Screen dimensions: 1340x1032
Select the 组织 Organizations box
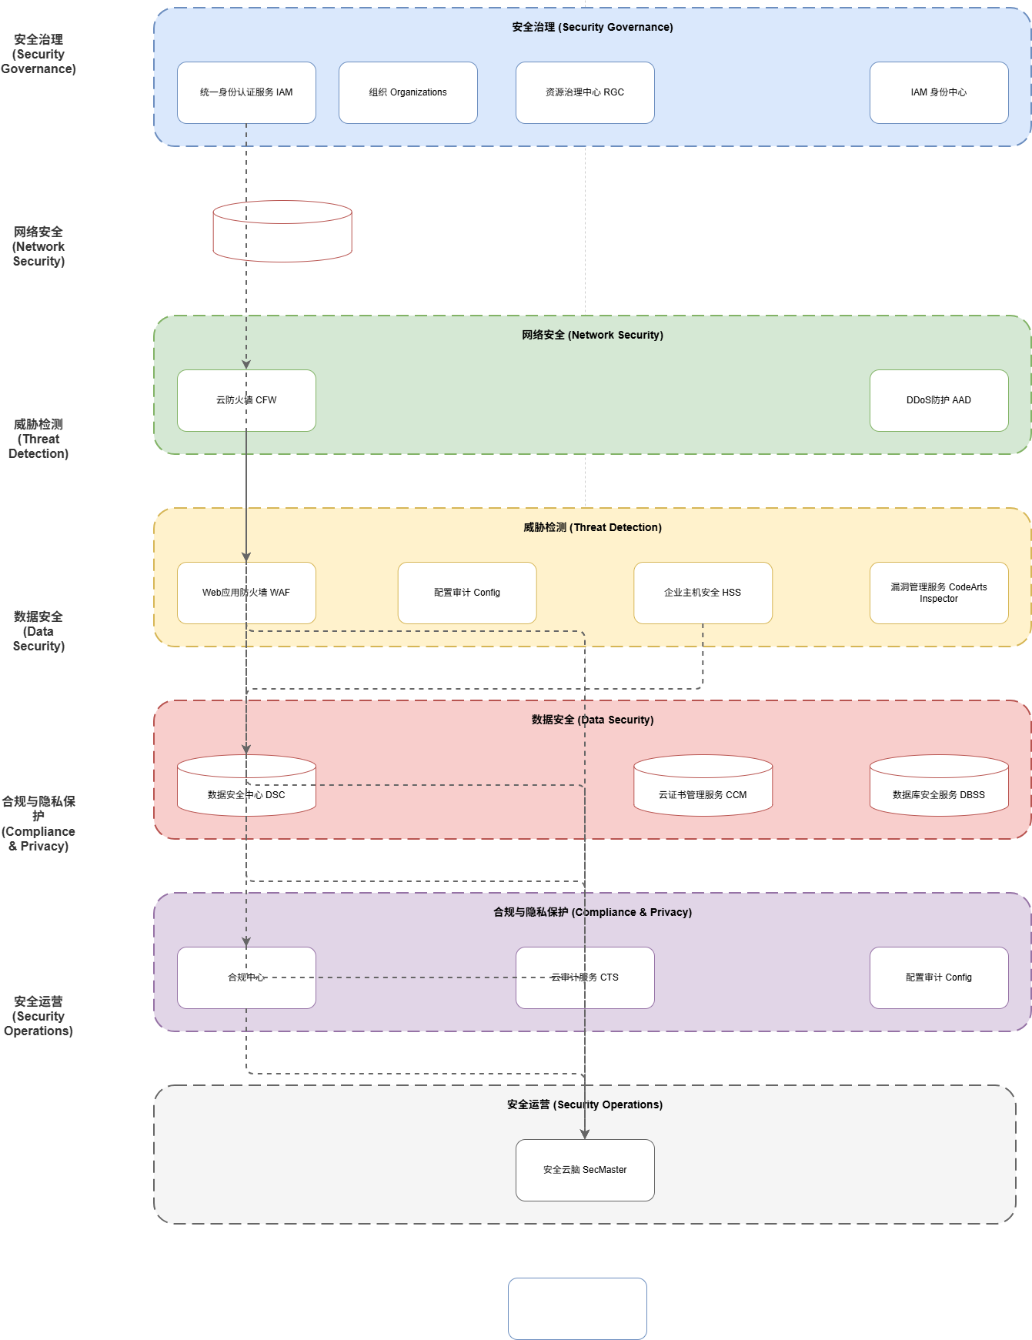pyautogui.click(x=408, y=92)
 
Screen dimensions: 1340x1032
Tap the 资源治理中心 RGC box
pyautogui.click(x=585, y=92)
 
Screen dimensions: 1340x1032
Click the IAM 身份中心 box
pyautogui.click(x=939, y=92)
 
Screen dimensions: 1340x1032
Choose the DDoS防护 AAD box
pyautogui.click(x=939, y=400)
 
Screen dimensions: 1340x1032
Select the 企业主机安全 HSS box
pyautogui.click(x=703, y=593)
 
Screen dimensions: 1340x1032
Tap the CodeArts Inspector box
pyautogui.click(x=939, y=593)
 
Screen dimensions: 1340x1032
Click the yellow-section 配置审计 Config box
pyautogui.click(x=467, y=593)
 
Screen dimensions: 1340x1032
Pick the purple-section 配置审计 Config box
pyautogui.click(x=939, y=977)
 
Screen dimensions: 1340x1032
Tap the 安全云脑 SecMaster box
pyautogui.click(x=585, y=1170)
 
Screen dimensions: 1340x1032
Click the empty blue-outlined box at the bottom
pyautogui.click(x=577, y=1308)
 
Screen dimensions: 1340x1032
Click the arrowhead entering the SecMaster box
pyautogui.click(x=585, y=1134)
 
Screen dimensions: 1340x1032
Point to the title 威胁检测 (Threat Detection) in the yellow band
pyautogui.click(x=593, y=527)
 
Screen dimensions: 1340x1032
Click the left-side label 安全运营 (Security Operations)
pyautogui.click(x=38, y=1016)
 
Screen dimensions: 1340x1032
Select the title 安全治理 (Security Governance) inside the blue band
pyautogui.click(x=593, y=27)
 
